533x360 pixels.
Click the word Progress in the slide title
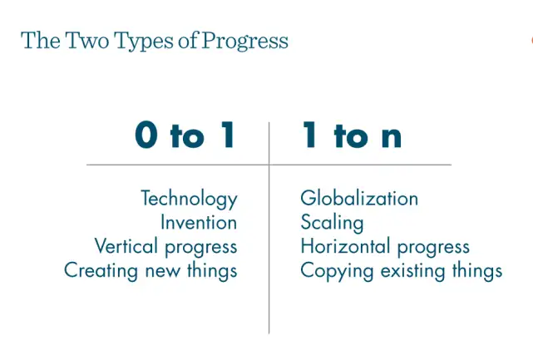(x=244, y=41)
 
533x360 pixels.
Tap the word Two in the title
(x=87, y=40)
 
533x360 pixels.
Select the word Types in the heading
(x=144, y=41)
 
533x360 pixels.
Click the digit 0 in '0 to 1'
(x=146, y=135)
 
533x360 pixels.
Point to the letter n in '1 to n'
(x=392, y=137)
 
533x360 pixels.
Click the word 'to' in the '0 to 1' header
(x=187, y=136)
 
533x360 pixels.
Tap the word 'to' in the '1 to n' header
(x=351, y=136)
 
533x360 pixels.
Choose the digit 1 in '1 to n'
(x=310, y=135)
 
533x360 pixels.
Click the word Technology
(x=189, y=199)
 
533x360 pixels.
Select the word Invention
(x=199, y=223)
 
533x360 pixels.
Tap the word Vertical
(x=126, y=246)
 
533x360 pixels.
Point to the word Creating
(x=101, y=271)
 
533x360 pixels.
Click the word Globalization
(x=359, y=198)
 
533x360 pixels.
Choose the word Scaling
(x=332, y=224)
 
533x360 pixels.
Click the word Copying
(x=337, y=271)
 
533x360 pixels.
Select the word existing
(x=412, y=271)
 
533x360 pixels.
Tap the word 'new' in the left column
(x=163, y=271)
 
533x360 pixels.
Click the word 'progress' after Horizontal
(x=433, y=248)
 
